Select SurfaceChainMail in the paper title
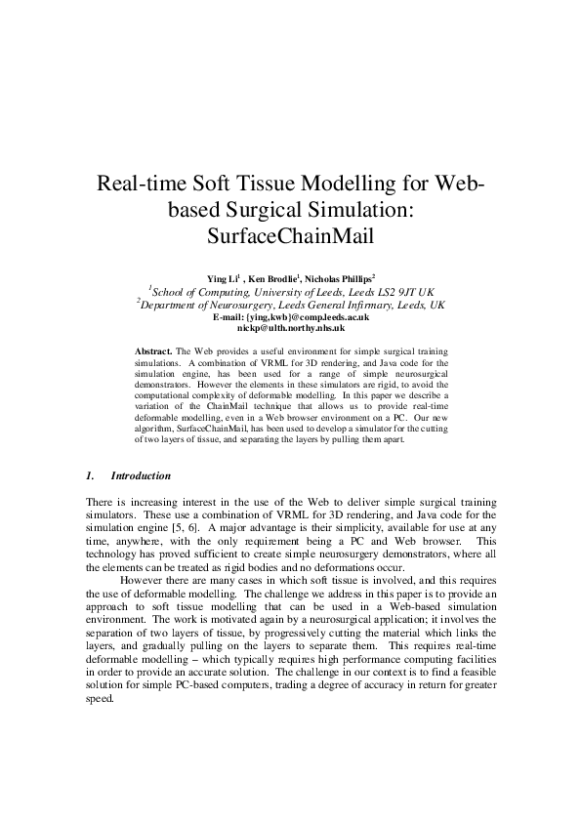coord(290,235)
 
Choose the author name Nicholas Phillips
coord(347,278)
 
